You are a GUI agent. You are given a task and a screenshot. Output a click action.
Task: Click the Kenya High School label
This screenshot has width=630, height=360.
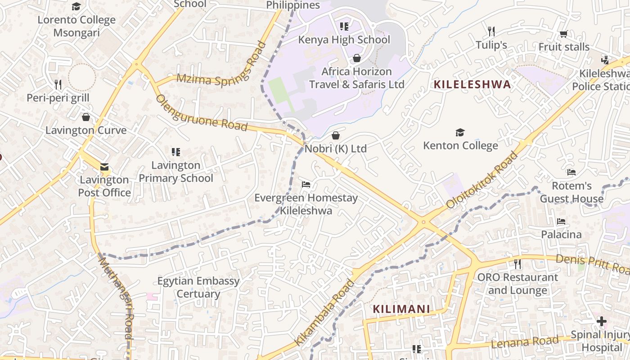pyautogui.click(x=344, y=40)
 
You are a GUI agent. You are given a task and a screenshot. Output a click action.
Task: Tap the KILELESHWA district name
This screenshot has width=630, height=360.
pyautogui.click(x=472, y=85)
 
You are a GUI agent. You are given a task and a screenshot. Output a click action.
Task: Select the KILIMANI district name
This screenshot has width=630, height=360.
pyautogui.click(x=401, y=309)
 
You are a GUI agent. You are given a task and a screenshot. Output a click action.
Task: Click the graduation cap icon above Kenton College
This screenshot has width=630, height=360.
pyautogui.click(x=460, y=132)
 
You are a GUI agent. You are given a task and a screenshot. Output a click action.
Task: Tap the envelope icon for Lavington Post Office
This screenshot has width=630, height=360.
pyautogui.click(x=104, y=167)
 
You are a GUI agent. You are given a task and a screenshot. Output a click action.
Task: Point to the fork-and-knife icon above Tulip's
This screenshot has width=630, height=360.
pyautogui.click(x=491, y=31)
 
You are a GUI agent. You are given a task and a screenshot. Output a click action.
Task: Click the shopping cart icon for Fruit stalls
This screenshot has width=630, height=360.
pyautogui.click(x=563, y=34)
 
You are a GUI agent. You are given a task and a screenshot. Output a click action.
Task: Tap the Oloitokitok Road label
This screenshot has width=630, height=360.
pyautogui.click(x=482, y=180)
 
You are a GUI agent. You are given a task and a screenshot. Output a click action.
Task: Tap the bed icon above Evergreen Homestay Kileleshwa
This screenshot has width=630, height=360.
pyautogui.click(x=306, y=184)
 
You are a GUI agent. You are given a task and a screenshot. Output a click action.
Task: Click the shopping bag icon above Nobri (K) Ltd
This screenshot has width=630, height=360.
pyautogui.click(x=336, y=135)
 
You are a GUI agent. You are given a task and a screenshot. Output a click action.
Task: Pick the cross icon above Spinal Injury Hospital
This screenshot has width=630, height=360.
pyautogui.click(x=601, y=321)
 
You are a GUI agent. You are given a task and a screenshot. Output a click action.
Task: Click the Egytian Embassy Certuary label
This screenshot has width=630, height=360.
pyautogui.click(x=198, y=287)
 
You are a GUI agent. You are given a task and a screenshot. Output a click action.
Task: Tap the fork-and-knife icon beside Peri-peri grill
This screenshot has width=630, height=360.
pyautogui.click(x=58, y=85)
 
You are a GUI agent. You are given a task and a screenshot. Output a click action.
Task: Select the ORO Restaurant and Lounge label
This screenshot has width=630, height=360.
pyautogui.click(x=517, y=283)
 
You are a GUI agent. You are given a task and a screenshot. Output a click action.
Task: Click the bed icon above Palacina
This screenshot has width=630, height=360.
pyautogui.click(x=561, y=221)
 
